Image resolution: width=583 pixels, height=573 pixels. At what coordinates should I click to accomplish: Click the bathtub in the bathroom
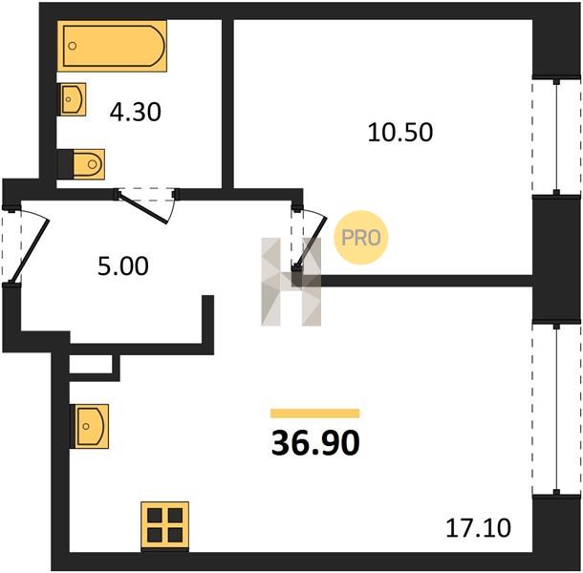click(112, 46)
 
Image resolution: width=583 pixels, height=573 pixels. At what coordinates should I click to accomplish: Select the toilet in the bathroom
click(81, 164)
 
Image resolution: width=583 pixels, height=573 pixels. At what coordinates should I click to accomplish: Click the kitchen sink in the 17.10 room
click(90, 426)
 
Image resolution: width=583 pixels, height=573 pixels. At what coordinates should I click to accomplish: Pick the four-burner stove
click(164, 526)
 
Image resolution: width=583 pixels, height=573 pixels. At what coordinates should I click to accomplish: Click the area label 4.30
click(136, 113)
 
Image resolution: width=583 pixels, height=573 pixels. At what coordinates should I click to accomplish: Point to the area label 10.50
click(400, 133)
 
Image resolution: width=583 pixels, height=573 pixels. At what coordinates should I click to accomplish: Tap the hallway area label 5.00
click(123, 266)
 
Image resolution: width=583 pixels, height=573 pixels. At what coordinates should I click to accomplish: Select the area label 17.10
click(478, 528)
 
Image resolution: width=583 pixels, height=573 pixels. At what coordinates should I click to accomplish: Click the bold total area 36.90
click(315, 443)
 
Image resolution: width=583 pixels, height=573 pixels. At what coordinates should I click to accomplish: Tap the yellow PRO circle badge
click(361, 238)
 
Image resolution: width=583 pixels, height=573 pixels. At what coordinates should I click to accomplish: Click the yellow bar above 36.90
click(315, 414)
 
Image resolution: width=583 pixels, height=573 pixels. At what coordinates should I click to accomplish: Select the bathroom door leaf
click(142, 207)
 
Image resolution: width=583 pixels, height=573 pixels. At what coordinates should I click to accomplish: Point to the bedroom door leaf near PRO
click(311, 243)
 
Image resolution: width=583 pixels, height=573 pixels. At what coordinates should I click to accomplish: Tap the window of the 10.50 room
click(556, 137)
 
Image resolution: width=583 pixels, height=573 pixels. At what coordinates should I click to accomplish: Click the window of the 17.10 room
click(556, 410)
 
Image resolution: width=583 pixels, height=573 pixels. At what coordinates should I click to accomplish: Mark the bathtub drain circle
click(73, 46)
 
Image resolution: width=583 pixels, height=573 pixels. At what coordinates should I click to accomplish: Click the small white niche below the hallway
click(91, 365)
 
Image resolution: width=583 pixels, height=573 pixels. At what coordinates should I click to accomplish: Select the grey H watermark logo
click(291, 282)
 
